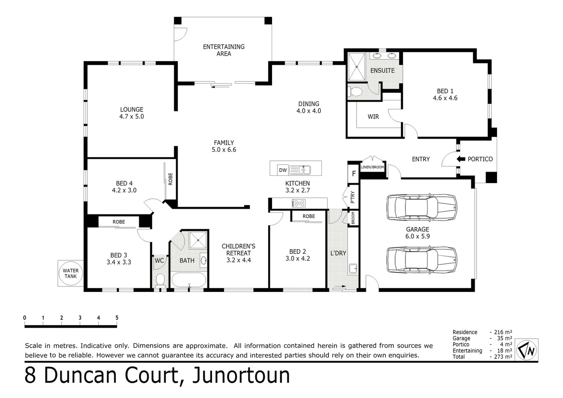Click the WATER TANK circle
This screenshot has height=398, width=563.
pos(70,273)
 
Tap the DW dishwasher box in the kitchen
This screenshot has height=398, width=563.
pos(282,170)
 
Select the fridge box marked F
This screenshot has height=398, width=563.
pos(354,173)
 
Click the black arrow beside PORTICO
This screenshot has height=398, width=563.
pos(461,159)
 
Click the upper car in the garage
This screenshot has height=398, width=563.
pos(421,207)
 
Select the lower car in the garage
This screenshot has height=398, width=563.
pos(421,260)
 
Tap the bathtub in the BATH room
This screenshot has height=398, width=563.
pos(189,280)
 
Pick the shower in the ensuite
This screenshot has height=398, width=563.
pos(357,66)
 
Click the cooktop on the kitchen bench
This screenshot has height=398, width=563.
pos(298,203)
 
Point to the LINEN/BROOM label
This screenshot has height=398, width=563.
pos(372,167)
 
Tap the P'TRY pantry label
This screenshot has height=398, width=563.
pos(352,197)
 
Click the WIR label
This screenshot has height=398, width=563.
pos(373,116)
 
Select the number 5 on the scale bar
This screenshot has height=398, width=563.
pos(117,318)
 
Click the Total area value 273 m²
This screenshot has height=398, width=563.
pos(503,357)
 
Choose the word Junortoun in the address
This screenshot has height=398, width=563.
pos(241,375)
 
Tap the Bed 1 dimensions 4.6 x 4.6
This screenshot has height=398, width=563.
pos(445,98)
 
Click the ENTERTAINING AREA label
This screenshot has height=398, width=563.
pos(223,50)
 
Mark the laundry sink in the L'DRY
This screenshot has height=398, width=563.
pos(353,269)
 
